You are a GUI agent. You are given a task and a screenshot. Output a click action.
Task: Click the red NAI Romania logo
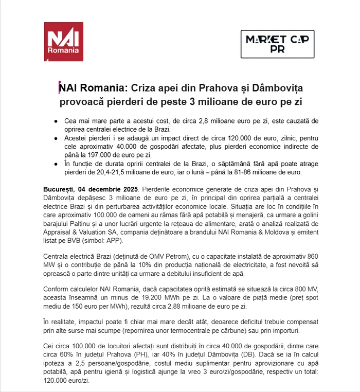[63, 42]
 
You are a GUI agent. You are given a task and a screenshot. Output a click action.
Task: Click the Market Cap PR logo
[277, 44]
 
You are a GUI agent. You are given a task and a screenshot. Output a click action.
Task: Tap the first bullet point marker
[56, 120]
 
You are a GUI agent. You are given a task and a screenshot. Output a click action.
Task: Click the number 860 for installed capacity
[311, 256]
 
